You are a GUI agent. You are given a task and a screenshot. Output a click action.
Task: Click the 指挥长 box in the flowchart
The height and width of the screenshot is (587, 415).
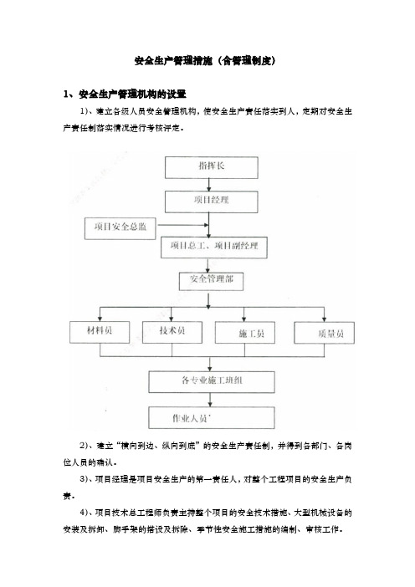211,167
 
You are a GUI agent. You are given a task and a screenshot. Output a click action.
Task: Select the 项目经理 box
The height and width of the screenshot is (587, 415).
211,202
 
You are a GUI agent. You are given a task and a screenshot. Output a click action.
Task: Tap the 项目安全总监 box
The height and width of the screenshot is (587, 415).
120,228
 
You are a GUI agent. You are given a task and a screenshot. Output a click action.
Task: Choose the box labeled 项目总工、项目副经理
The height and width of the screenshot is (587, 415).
214,248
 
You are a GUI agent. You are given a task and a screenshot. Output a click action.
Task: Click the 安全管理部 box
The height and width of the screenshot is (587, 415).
211,281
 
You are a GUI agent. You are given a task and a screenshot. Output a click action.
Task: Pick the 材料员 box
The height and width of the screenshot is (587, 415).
100,333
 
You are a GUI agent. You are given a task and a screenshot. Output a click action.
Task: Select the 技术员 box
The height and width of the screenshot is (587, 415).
172,333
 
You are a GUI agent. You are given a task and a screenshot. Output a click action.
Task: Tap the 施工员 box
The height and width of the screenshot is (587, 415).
245,333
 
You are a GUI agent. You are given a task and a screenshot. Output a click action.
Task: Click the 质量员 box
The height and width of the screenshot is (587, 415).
325,333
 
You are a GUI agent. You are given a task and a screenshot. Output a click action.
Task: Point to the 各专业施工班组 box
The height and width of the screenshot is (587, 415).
212,382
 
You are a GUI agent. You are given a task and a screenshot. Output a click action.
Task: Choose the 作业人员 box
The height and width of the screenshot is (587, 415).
212,418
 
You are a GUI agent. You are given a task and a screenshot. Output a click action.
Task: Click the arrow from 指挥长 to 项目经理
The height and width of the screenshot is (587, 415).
209,185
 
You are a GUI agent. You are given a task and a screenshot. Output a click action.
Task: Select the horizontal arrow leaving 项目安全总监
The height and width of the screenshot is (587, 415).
182,225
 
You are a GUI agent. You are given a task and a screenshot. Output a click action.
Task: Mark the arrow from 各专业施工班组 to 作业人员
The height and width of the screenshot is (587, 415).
210,400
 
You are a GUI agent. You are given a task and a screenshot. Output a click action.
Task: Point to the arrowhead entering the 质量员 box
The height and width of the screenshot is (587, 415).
325,319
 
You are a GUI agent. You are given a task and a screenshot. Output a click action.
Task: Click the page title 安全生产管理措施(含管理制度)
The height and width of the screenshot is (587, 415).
205,61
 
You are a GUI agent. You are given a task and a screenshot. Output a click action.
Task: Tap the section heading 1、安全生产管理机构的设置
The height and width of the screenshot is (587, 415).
125,94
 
